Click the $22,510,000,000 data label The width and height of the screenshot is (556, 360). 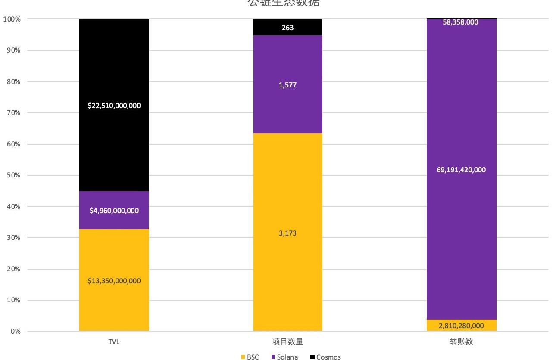pyautogui.click(x=114, y=106)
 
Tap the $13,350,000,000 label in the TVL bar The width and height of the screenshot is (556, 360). pyautogui.click(x=114, y=281)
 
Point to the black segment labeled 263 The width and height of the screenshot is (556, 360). pyautogui.click(x=287, y=28)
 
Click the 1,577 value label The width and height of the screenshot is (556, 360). pyautogui.click(x=287, y=85)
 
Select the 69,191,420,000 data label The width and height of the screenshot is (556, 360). pyautogui.click(x=461, y=170)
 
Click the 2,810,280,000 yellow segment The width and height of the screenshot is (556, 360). pyautogui.click(x=461, y=326)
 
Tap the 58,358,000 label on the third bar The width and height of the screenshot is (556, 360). pyautogui.click(x=460, y=22)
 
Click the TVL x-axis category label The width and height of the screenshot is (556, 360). pyautogui.click(x=114, y=342)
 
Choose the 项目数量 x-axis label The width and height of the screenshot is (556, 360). pyautogui.click(x=287, y=342)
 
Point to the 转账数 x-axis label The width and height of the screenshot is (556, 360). pyautogui.click(x=461, y=342)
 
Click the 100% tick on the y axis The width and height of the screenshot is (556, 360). pyautogui.click(x=12, y=19)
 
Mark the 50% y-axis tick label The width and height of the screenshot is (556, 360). pyautogui.click(x=13, y=175)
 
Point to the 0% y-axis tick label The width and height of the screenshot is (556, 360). pyautogui.click(x=16, y=332)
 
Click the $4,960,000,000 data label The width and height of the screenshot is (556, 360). pyautogui.click(x=114, y=211)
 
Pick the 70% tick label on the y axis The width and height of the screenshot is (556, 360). pyautogui.click(x=13, y=113)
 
